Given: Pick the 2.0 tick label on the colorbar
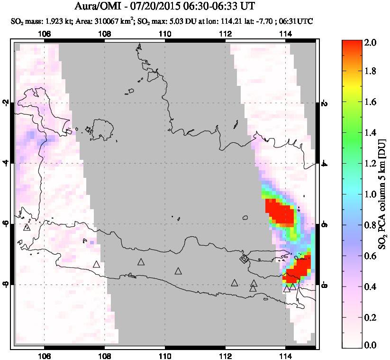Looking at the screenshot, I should [371, 42].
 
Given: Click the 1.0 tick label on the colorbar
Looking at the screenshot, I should [371, 194].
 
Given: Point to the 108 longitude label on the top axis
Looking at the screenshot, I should [105, 34].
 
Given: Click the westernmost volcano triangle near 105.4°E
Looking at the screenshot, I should [27, 227].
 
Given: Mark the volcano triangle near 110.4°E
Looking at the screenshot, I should [178, 271].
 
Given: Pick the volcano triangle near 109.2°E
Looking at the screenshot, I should [141, 262].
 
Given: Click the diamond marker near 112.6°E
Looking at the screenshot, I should [244, 259].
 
